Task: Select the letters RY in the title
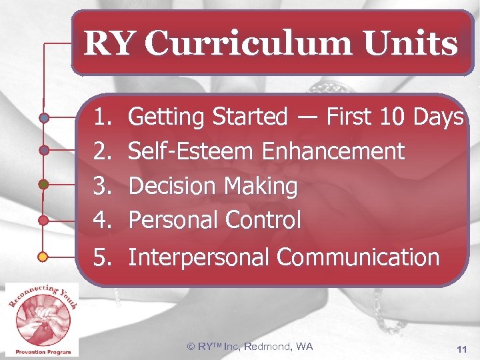pyautogui.click(x=111, y=44)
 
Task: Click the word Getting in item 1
pyautogui.click(x=167, y=117)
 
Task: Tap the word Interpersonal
pyautogui.click(x=199, y=257)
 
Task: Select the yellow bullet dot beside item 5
pyautogui.click(x=43, y=257)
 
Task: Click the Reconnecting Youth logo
pyautogui.click(x=41, y=319)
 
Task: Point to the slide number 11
pyautogui.click(x=461, y=349)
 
